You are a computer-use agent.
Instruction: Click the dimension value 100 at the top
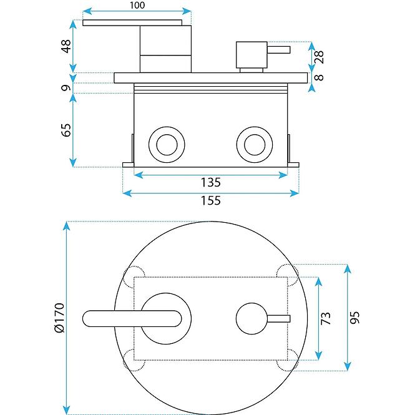coord(138,6)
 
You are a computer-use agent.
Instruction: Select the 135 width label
coord(211,183)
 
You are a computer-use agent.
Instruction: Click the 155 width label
coord(211,201)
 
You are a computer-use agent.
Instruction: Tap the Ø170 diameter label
coord(59,318)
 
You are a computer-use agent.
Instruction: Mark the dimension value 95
coord(356,318)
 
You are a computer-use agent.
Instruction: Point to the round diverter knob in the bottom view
coord(251,319)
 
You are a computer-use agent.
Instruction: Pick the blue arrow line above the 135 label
coord(211,175)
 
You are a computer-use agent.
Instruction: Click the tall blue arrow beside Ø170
coord(67,318)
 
